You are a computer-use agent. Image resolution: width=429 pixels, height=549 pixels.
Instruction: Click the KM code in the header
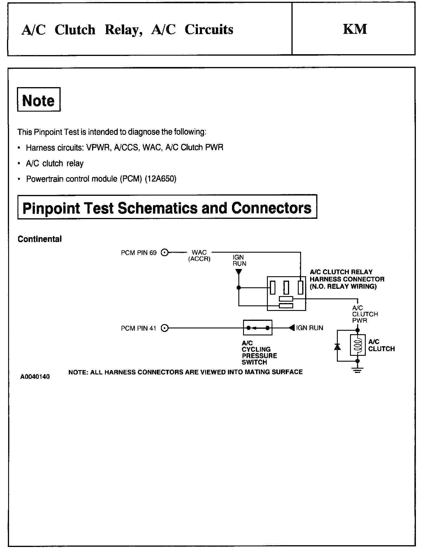355,29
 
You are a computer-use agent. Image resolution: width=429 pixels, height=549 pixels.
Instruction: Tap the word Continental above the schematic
40,239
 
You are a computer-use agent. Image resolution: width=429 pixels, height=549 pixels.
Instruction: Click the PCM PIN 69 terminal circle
165,253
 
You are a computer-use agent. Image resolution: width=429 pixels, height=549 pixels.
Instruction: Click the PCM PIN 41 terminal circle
165,328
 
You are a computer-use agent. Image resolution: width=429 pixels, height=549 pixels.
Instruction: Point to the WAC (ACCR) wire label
199,256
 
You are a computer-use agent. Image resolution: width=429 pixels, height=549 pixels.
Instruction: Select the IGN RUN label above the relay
239,261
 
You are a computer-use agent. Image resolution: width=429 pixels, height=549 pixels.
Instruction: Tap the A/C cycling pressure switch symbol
258,328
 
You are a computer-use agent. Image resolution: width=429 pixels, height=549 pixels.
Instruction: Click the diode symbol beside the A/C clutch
337,347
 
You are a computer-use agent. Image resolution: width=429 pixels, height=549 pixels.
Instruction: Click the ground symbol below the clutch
358,371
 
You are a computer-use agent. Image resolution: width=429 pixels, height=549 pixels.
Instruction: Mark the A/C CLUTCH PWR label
364,314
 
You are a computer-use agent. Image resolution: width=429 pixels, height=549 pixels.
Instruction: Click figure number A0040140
35,377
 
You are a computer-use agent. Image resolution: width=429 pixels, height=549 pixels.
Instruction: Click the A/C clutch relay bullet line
55,163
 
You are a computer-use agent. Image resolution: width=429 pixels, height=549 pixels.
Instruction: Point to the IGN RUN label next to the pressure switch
310,328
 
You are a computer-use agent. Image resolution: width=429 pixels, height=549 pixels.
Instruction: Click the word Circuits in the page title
209,30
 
